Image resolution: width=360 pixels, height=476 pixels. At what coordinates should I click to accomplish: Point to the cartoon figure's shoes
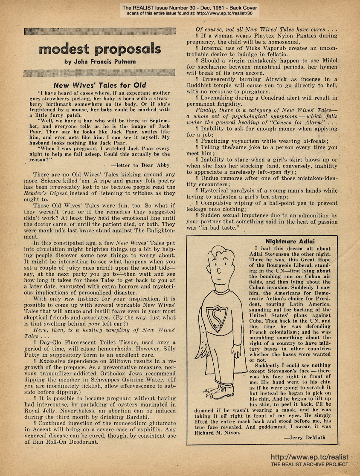click(x=216, y=392)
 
